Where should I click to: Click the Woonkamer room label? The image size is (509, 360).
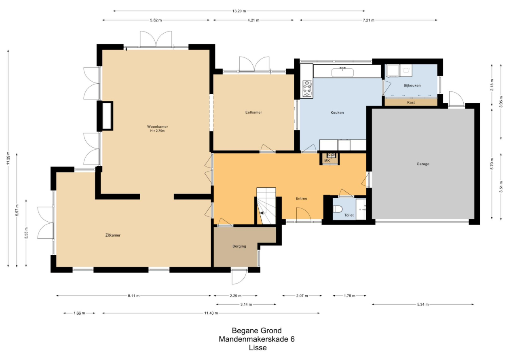tap(158, 127)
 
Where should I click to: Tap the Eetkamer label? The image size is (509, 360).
tap(253, 112)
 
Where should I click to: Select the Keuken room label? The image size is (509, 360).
tap(337, 112)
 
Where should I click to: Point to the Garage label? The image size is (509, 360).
tap(423, 164)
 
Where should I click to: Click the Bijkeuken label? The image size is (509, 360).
tap(412, 85)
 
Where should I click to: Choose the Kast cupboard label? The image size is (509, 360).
tap(411, 103)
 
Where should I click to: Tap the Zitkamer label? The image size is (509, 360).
tap(113, 235)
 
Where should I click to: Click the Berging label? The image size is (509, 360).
tap(239, 246)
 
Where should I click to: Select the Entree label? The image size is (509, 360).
tap(301, 199)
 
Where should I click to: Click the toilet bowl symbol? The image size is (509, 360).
tap(337, 209)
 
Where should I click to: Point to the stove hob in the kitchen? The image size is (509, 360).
tap(307, 89)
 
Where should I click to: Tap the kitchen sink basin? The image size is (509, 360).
tap(342, 72)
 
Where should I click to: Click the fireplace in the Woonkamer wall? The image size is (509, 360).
tap(107, 116)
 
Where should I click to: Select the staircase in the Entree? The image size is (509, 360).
tap(266, 206)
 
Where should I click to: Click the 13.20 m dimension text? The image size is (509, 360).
tap(239, 11)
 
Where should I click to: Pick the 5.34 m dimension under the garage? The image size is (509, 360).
tap(422, 304)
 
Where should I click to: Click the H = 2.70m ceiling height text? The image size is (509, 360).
tap(157, 131)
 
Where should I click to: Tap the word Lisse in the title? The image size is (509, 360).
tap(258, 348)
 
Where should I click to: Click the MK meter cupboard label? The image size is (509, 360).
tap(327, 161)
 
